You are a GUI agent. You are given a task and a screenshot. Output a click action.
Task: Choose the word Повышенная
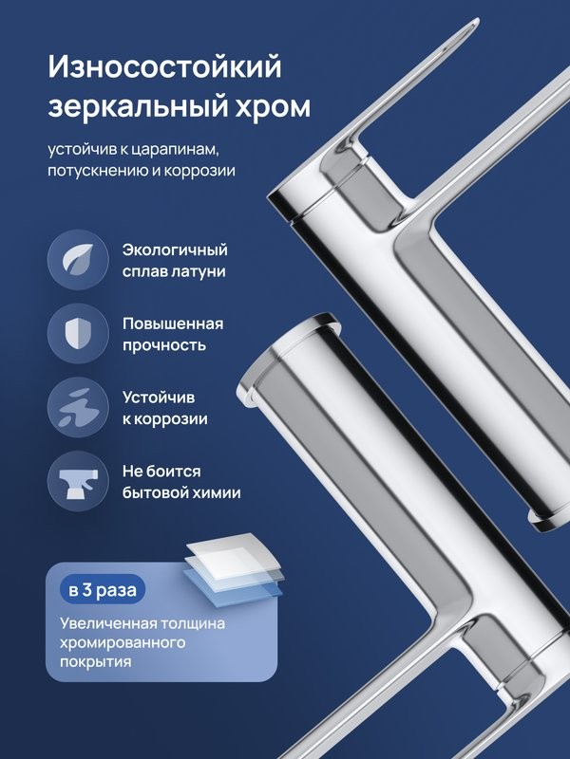[x=172, y=324]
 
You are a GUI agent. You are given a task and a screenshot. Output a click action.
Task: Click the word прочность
[x=163, y=345]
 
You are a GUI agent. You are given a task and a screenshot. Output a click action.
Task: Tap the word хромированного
[x=122, y=644]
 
